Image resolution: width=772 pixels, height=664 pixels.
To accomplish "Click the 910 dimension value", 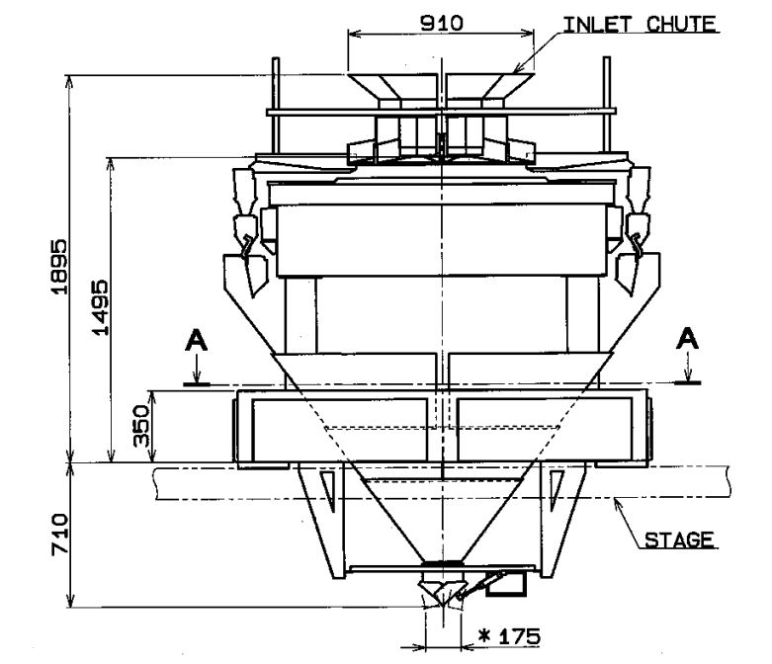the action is coord(441,23).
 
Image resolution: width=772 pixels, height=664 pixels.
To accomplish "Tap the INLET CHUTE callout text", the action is coord(640,24).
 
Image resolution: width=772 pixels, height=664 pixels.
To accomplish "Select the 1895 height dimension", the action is coord(58,266).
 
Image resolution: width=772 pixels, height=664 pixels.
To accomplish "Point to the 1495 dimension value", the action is coord(100,307).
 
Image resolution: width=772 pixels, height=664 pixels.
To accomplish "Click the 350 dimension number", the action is coord(141,426).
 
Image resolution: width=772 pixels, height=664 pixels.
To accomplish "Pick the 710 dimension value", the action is coord(59,535).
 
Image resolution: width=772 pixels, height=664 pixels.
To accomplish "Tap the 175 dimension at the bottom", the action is coord(519,636).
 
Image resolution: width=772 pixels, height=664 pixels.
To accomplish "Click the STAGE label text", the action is coord(679,539).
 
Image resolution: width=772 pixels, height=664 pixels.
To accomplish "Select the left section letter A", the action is coord(196,341).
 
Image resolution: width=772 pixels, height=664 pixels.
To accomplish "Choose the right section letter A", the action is coord(687,339).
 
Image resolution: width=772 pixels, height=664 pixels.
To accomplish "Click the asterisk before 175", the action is coord(485,636).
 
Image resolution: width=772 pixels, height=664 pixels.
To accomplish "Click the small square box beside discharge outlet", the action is coord(506,584).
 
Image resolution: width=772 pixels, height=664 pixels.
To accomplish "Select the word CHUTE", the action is coord(681,24).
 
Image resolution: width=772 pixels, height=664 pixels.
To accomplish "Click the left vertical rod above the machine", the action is coord(276,107).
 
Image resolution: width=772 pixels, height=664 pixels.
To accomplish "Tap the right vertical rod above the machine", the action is coord(607,105).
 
